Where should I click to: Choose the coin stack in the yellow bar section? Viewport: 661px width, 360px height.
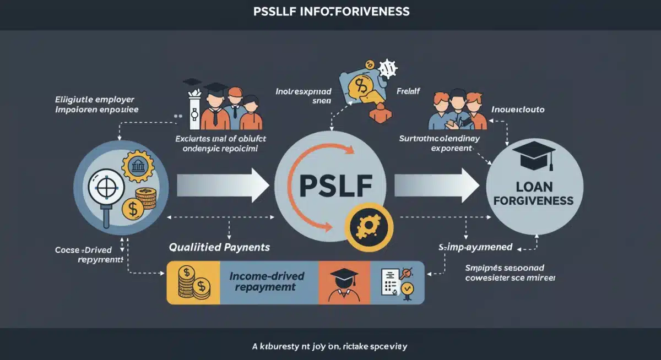click(x=193, y=282)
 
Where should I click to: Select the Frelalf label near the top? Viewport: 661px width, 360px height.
click(x=408, y=90)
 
